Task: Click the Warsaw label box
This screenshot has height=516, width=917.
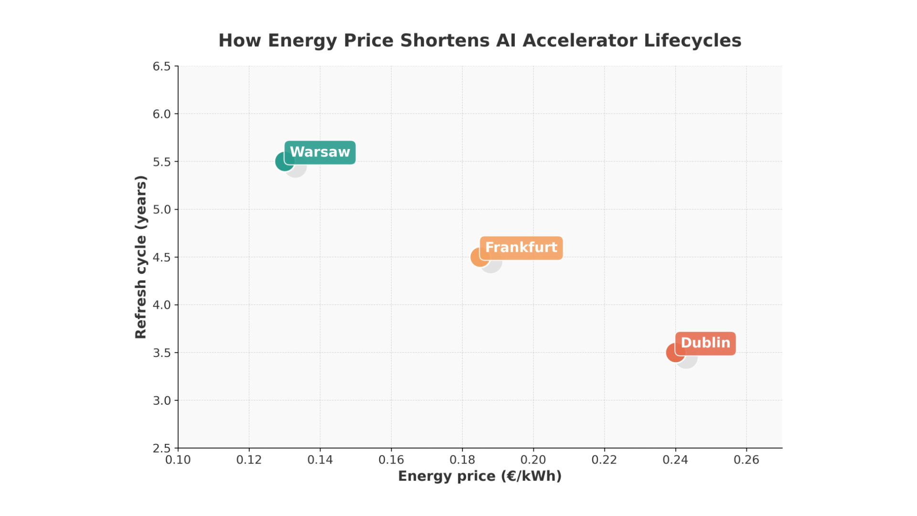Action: pyautogui.click(x=320, y=152)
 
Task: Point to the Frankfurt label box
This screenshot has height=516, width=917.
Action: pyautogui.click(x=521, y=248)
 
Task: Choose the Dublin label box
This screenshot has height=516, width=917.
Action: pyautogui.click(x=705, y=344)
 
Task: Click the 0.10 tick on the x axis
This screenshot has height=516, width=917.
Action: pyautogui.click(x=178, y=460)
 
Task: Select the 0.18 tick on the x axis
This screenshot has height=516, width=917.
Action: pyautogui.click(x=462, y=460)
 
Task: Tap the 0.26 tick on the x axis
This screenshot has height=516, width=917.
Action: pyautogui.click(x=746, y=460)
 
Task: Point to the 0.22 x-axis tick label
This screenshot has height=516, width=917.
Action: pyautogui.click(x=604, y=460)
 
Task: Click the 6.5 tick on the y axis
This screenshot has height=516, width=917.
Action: pyautogui.click(x=161, y=66)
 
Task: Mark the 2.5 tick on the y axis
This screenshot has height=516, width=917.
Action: pyautogui.click(x=161, y=448)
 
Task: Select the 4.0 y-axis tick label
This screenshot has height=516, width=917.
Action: pyautogui.click(x=161, y=305)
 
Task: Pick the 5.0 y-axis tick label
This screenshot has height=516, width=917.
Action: pyautogui.click(x=161, y=209)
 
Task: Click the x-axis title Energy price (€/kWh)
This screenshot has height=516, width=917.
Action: pyautogui.click(x=480, y=476)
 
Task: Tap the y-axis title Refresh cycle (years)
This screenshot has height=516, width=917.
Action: pyautogui.click(x=140, y=257)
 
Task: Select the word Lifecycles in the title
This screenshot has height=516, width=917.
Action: pyautogui.click(x=693, y=41)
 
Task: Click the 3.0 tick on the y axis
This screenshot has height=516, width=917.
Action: pyautogui.click(x=161, y=400)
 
